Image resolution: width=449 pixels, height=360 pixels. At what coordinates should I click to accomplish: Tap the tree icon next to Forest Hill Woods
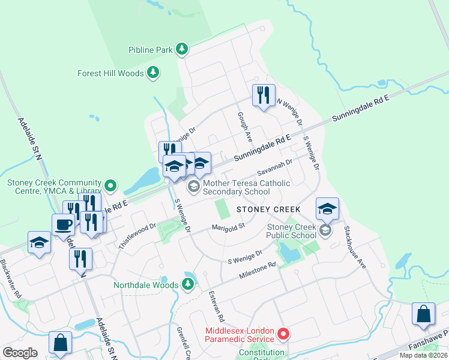(154, 73)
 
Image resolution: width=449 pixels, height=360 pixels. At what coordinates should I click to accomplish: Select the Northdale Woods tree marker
(188, 284)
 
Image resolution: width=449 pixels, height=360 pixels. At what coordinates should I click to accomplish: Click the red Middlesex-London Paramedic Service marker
(286, 332)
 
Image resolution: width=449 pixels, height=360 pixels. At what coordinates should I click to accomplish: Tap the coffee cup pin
(64, 226)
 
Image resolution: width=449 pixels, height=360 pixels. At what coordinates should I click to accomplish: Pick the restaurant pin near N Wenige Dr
(263, 95)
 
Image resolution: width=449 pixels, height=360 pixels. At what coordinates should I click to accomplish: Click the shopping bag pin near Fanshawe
(423, 314)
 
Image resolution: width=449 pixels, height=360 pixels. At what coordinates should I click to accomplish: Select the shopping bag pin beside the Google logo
(61, 344)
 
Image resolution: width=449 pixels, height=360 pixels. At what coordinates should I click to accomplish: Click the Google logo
(20, 353)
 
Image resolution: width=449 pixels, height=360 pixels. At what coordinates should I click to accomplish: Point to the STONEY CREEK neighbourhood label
(268, 209)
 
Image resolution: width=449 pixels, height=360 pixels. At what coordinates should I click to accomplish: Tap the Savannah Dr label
(274, 167)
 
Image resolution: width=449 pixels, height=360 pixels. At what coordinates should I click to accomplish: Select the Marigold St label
(229, 227)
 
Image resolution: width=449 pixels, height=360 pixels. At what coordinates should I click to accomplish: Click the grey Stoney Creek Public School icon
(325, 230)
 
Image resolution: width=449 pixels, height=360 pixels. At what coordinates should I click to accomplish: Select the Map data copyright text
(424, 355)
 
